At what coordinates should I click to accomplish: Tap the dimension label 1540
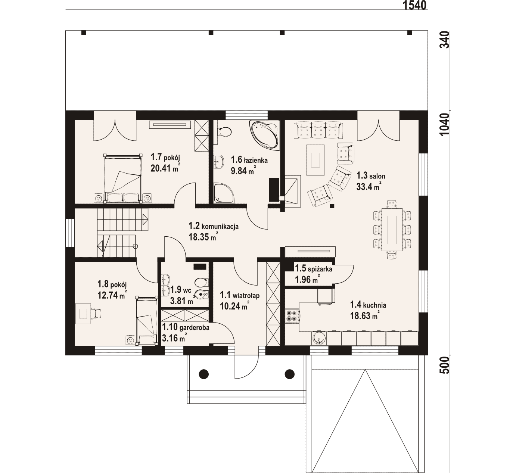point(414,5)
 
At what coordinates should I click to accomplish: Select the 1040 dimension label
point(445,124)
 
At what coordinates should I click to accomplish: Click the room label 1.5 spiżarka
point(314,269)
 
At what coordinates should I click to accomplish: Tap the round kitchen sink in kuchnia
point(319,338)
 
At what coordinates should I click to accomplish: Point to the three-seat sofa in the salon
point(318,130)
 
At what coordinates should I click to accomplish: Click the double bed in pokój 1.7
point(123,179)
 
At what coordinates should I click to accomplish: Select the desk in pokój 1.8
point(83,313)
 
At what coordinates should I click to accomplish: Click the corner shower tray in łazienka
point(223,193)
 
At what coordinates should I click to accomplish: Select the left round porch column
point(204,373)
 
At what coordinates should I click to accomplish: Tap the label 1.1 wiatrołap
point(240,296)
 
